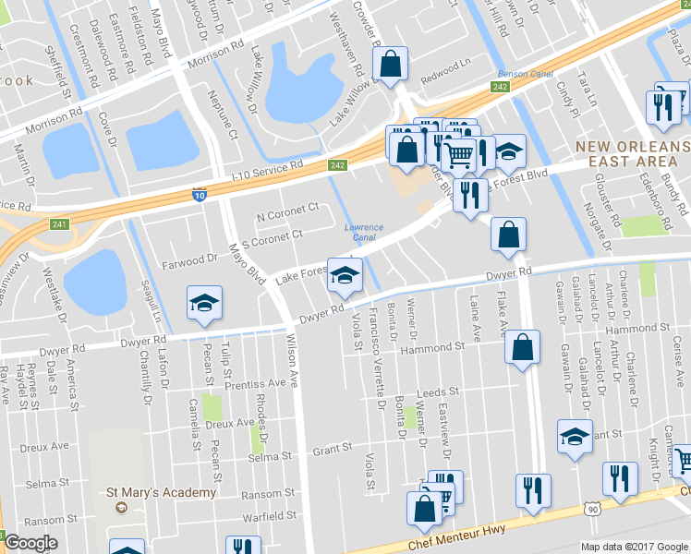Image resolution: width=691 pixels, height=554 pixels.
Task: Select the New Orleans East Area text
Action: click(632, 154)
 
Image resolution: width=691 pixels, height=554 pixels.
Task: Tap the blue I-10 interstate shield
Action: click(199, 195)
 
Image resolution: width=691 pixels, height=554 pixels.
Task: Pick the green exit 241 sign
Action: click(59, 223)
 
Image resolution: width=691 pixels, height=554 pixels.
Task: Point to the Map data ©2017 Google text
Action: click(635, 546)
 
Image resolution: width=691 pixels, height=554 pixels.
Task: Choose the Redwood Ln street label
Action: click(445, 69)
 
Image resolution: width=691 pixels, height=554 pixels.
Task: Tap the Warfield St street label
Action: click(267, 515)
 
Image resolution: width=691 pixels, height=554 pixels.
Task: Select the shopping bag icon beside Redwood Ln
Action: click(390, 64)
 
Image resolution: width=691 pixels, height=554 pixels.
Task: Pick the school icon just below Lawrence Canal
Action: click(345, 275)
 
